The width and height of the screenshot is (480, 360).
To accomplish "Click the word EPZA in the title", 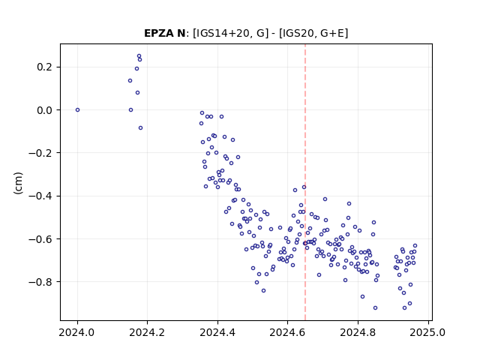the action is [x=159, y=33].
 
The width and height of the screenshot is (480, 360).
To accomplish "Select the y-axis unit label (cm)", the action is [x=18, y=183].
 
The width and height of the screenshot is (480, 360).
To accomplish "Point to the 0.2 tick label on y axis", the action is [x=45, y=67].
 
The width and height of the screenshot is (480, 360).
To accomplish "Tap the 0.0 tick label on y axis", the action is [x=45, y=110].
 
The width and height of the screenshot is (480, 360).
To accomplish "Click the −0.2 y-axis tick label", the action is [x=40, y=153].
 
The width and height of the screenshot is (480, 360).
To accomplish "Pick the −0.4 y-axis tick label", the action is [x=40, y=196].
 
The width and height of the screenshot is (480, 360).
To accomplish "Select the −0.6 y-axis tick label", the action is [x=40, y=238].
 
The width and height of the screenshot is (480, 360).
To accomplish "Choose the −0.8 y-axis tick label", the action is [x=40, y=282].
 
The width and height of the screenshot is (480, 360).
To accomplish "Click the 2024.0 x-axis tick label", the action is [x=76, y=332].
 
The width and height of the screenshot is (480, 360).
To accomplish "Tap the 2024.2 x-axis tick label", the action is [x=147, y=332].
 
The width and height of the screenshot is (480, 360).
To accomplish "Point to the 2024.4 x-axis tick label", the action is [x=217, y=332].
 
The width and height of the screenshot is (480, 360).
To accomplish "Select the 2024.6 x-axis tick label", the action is [x=287, y=332].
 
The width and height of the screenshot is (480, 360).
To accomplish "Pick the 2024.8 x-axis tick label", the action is [x=358, y=332].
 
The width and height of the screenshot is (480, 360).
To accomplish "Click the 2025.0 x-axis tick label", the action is [x=427, y=332].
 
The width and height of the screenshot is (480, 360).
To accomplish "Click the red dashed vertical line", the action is [x=305, y=182].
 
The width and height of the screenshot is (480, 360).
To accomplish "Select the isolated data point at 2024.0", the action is [x=77, y=110].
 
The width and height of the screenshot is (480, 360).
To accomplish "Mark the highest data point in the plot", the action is [x=139, y=56].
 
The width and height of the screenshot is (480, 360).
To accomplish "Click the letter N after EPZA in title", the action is [x=181, y=33].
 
